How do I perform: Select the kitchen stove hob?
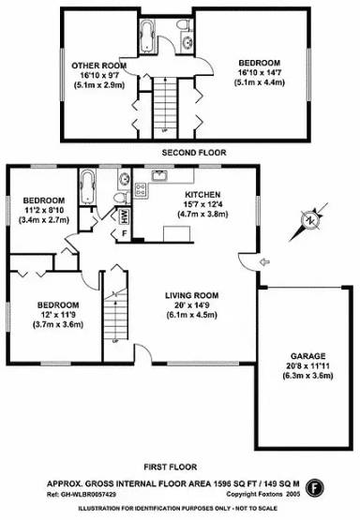click(x=142, y=191)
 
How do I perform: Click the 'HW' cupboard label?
click(x=124, y=215)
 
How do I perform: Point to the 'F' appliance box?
click(x=125, y=232)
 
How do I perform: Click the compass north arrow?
click(x=307, y=222)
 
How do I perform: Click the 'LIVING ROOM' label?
click(x=191, y=295)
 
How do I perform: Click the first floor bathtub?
click(x=87, y=188)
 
